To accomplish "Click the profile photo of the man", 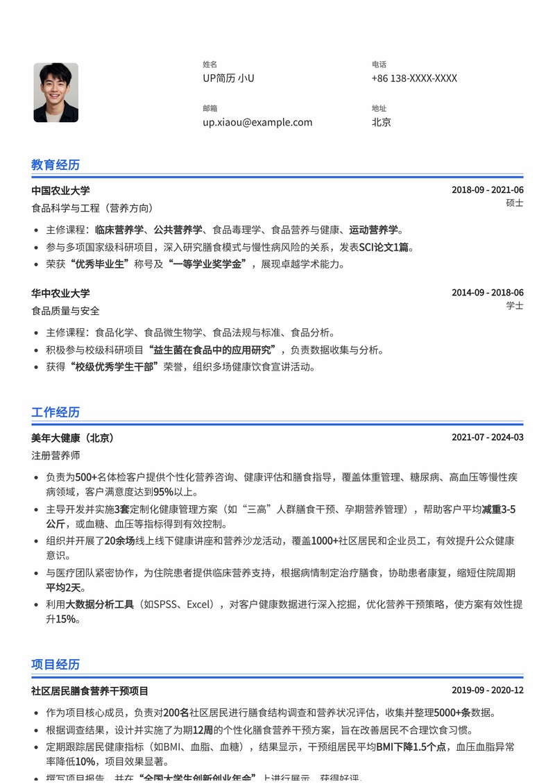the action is click(x=55, y=92).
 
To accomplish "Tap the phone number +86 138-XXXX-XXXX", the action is click(x=414, y=78).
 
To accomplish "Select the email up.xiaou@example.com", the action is click(x=257, y=122).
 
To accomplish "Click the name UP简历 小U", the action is click(x=228, y=78).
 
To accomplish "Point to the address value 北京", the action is click(x=381, y=122).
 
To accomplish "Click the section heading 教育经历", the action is click(x=55, y=164).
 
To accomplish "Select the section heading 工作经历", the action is click(x=55, y=412).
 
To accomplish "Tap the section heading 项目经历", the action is click(x=55, y=664).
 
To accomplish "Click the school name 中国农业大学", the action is click(x=60, y=191).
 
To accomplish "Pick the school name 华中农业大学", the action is click(x=60, y=293).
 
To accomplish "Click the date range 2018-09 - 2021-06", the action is click(x=487, y=190).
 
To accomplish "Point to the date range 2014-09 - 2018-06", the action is click(x=487, y=293).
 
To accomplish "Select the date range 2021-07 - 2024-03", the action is click(x=487, y=438).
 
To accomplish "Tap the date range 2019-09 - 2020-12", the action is click(x=487, y=690).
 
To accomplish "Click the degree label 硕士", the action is click(x=515, y=203).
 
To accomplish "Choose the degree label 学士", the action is click(x=515, y=306).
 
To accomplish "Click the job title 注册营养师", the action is click(x=55, y=456).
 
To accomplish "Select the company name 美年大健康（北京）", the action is click(x=73, y=438).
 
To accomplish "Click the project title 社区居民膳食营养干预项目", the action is click(x=89, y=691).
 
